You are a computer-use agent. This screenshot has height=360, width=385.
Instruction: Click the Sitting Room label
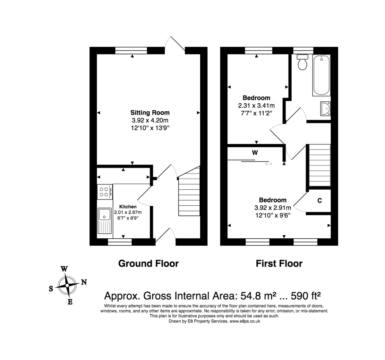pyautogui.click(x=150, y=113)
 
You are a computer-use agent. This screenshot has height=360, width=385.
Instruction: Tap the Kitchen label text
pyautogui.click(x=128, y=207)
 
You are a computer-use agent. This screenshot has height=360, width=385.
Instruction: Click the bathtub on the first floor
pyautogui.click(x=321, y=75)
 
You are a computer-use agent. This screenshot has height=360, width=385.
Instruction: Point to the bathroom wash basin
pyautogui.click(x=325, y=108)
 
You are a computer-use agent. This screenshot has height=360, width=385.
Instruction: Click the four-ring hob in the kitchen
pyautogui.click(x=104, y=192)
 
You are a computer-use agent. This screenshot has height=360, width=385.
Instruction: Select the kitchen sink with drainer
pyautogui.click(x=104, y=221)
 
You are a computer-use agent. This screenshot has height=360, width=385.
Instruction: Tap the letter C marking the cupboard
pyautogui.click(x=320, y=201)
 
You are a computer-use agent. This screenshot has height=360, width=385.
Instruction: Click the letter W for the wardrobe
pyautogui.click(x=255, y=153)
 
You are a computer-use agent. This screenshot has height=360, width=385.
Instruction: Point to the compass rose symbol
pyautogui.click(x=67, y=285)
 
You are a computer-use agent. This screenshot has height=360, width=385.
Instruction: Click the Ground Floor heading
pyautogui.click(x=148, y=263)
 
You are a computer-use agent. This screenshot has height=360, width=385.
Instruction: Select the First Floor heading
pyautogui.click(x=279, y=263)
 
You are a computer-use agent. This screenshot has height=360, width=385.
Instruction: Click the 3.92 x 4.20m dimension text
pyautogui.click(x=150, y=121)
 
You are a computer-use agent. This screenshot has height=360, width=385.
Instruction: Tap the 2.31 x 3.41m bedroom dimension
pyautogui.click(x=256, y=105)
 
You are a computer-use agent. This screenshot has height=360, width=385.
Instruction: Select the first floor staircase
pyautogui.click(x=320, y=165)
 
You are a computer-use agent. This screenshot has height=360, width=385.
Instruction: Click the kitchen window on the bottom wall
pyautogui.click(x=120, y=242)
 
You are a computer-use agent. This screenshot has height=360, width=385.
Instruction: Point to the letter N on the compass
pyautogui.click(x=84, y=282)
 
